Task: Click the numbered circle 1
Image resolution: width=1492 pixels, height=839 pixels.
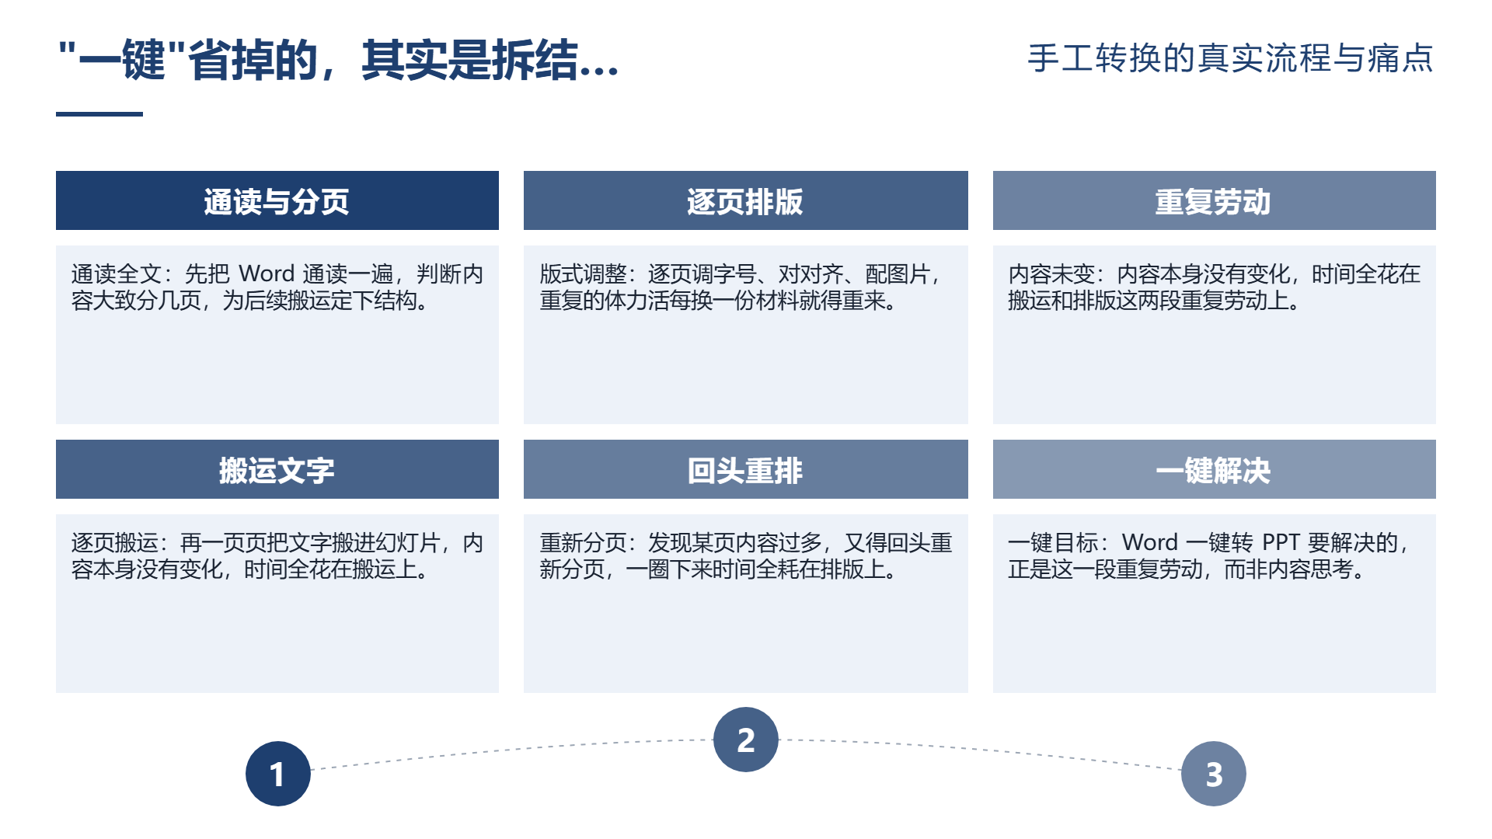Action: point(278,774)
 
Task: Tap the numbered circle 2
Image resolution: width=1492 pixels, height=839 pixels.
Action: point(746,740)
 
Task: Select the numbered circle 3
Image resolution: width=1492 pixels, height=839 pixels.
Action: point(1214,774)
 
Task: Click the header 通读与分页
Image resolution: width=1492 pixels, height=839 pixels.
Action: point(277,201)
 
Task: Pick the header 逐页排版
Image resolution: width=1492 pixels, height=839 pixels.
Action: point(745,201)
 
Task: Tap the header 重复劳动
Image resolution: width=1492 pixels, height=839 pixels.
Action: point(1213,201)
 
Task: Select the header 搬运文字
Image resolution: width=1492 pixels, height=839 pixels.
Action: point(277,470)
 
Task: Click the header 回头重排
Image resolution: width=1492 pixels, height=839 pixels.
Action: point(745,470)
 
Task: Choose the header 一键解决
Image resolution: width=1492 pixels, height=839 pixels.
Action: point(1213,470)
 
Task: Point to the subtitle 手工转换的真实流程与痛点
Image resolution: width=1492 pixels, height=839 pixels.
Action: point(1230,58)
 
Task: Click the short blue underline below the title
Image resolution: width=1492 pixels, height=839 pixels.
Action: point(99,114)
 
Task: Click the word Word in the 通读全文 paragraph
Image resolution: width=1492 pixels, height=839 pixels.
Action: point(267,273)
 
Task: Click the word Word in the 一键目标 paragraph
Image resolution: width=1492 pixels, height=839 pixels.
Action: point(1151,542)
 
